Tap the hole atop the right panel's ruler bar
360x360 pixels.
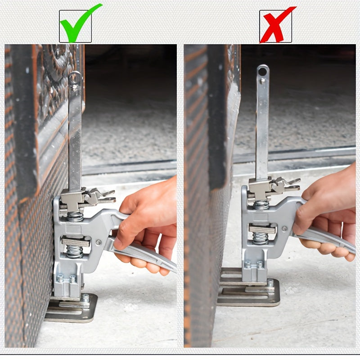coord(263,71)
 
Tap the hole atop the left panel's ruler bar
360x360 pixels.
coord(76,78)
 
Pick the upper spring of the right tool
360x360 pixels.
coord(261,205)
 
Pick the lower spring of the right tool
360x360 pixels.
coord(261,238)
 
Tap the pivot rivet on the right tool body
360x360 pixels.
coord(284,229)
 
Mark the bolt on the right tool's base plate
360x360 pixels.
coord(270,283)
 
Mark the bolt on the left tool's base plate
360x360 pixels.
coord(85,297)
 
